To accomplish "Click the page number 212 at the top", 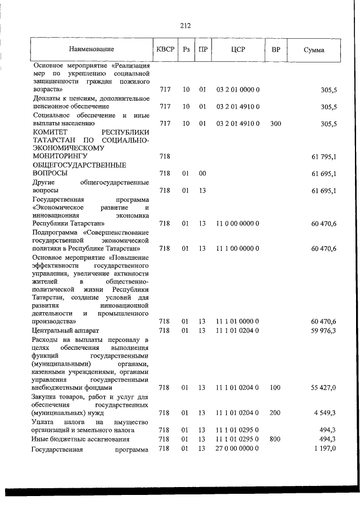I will pos(186,25).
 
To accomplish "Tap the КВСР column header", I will pos(165,50).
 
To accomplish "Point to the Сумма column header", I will pos(313,50).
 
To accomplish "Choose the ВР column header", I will pos(276,50).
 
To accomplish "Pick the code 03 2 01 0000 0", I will pos(237,89).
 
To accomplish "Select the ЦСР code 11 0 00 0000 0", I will pos(237,223).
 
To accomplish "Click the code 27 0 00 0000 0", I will pos(237,448).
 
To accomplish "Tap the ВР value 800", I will pos(275,439).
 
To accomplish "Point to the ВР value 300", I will pos(275,123).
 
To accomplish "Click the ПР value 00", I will pos(202,174).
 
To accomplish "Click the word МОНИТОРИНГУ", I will pos(62,156).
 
